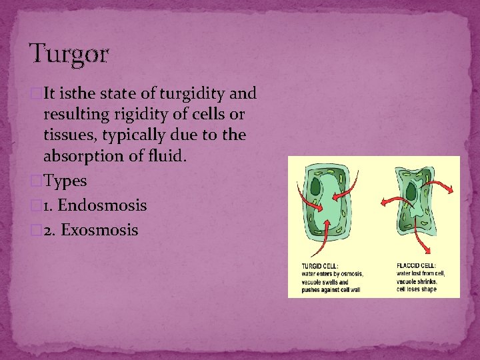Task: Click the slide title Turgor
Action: [x=69, y=54]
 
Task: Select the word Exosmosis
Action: [x=99, y=231]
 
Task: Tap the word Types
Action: [x=65, y=181]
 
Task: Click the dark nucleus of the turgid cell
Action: [x=312, y=187]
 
